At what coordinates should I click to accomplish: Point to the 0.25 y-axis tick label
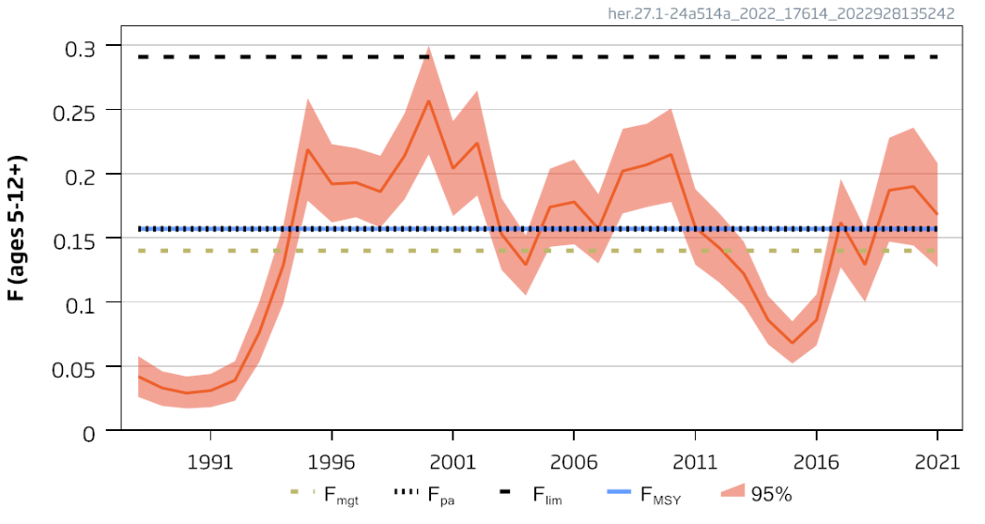[72, 110]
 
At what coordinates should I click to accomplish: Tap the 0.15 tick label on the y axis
[72, 239]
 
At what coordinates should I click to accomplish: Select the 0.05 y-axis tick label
[72, 367]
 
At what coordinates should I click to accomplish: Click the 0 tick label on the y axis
[87, 432]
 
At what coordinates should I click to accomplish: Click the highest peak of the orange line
[428, 100]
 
